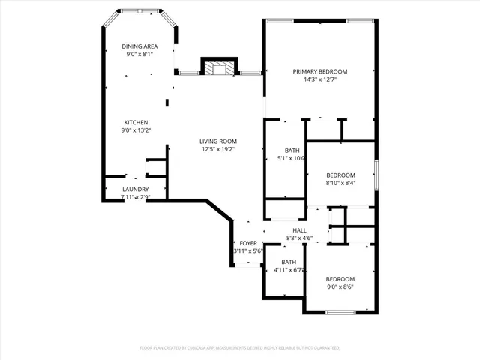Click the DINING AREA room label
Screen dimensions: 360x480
(140, 46)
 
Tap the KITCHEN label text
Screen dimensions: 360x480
(136, 122)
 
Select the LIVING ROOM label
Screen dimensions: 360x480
(218, 141)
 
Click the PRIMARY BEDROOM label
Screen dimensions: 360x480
(320, 71)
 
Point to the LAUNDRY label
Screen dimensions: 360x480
(136, 189)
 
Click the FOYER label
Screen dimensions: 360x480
(248, 243)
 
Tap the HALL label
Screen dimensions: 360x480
(299, 230)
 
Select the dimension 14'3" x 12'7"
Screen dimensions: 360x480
(320, 79)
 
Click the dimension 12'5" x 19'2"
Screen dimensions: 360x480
(218, 149)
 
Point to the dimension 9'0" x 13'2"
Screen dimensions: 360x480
(136, 130)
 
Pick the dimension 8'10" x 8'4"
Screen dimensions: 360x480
(340, 182)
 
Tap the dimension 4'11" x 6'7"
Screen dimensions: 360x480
(288, 270)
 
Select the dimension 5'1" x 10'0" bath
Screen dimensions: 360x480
(292, 158)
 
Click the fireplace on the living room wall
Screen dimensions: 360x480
(219, 68)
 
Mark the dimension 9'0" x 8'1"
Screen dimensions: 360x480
(140, 55)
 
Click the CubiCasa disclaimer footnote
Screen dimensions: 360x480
(240, 348)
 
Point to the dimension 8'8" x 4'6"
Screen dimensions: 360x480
(299, 238)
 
